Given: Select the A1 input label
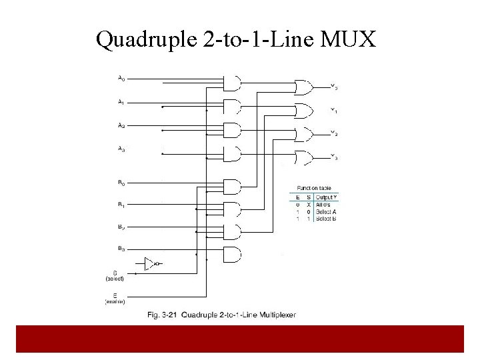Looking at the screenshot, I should tap(121, 103).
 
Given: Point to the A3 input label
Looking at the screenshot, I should tap(121, 150).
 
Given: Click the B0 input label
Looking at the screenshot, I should tap(121, 182).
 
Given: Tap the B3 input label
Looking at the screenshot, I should tap(121, 249).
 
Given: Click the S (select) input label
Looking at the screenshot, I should tap(115, 275).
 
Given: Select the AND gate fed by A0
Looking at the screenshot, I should tap(231, 83).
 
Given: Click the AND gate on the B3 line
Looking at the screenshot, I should tap(231, 254).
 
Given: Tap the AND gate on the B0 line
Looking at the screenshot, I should tap(231, 187).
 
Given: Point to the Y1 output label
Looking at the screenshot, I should tap(334, 111).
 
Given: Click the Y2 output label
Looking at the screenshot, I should tap(334, 134).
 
